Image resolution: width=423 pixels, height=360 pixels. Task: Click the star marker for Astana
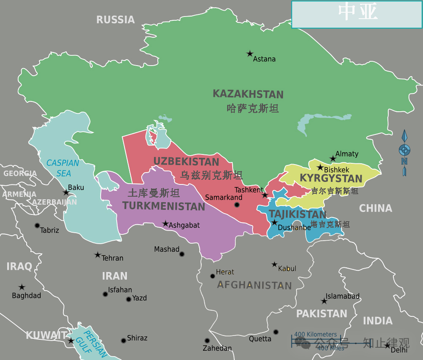[250, 54]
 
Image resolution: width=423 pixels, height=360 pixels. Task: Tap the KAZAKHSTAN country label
[248, 94]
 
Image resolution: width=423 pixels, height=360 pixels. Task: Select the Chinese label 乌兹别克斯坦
[211, 175]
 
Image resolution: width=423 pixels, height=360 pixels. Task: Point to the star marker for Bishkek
[320, 168]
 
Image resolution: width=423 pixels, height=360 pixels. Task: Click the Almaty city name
[346, 154]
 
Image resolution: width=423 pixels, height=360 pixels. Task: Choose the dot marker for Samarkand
[237, 205]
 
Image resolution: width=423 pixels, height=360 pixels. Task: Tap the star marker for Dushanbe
[274, 223]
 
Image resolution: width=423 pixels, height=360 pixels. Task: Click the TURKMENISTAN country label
[164, 206]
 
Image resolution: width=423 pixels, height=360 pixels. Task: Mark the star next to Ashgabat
[165, 223]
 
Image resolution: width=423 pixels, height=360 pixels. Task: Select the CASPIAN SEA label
[63, 168]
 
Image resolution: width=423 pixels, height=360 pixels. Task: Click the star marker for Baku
[66, 192]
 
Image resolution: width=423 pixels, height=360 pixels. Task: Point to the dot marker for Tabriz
[37, 225]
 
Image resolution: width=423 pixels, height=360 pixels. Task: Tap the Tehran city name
[113, 258]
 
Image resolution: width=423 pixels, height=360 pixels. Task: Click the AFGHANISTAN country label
[254, 285]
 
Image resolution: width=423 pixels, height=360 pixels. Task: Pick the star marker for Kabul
[275, 264]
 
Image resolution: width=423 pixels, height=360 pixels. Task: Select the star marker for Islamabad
[324, 301]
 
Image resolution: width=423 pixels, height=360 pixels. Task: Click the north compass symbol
[404, 152]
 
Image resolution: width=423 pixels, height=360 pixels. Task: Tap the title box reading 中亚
[357, 14]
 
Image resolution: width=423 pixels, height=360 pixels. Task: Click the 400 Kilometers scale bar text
[316, 335]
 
